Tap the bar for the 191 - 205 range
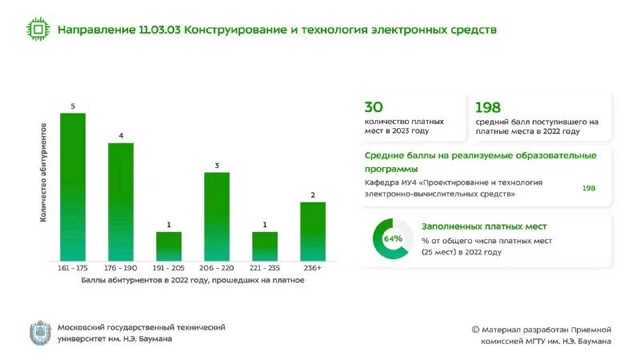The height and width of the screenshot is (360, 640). click(x=169, y=246)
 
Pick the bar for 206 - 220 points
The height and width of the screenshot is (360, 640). click(x=217, y=216)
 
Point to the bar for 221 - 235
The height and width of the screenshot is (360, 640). click(x=265, y=246)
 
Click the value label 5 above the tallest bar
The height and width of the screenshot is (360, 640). click(x=73, y=106)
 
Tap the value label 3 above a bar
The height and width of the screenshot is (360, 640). click(x=217, y=166)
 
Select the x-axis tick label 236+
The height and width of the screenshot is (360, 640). click(x=313, y=268)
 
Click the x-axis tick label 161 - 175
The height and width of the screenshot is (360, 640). click(x=73, y=268)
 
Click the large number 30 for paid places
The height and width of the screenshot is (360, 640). click(x=374, y=107)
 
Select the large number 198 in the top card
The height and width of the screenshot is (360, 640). click(x=488, y=107)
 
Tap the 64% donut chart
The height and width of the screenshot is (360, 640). click(x=393, y=238)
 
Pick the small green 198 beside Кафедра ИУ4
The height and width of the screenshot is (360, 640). click(x=589, y=188)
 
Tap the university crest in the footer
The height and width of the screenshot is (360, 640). click(x=39, y=333)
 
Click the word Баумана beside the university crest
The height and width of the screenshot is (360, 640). click(x=152, y=338)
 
